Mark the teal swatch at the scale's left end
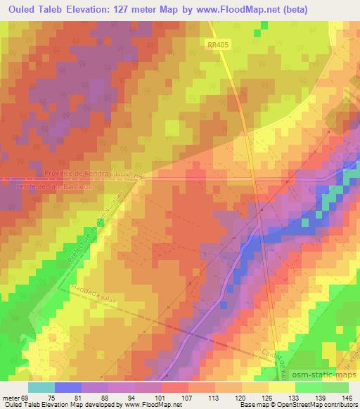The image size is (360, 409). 41,387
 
